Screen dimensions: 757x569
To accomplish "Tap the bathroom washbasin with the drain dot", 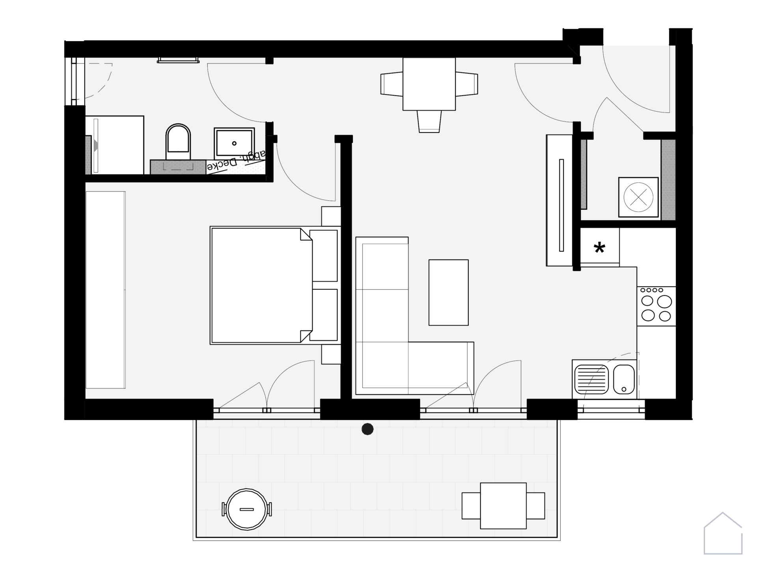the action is pos(234,143).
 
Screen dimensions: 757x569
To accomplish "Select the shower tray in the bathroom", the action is pos(114,145).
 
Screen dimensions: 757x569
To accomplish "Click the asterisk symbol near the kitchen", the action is pos(599,248).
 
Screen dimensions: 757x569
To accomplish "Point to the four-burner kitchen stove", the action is pos(656,306).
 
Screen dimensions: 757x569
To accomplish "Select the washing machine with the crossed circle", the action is pos(638,197).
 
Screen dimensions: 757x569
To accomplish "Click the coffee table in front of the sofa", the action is pos(448,292).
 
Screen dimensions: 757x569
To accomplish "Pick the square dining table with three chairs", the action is pos(429,84).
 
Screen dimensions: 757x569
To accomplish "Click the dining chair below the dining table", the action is pos(429,121).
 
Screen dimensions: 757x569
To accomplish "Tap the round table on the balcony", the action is pos(246,509).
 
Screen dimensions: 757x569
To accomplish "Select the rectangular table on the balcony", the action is pos(503,506).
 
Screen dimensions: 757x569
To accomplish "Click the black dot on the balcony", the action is pos(367,429).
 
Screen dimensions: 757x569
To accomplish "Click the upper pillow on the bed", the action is pos(324,256).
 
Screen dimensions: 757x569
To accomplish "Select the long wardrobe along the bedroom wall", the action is pos(106,290).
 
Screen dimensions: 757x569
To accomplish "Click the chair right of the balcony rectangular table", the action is pos(536,506).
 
